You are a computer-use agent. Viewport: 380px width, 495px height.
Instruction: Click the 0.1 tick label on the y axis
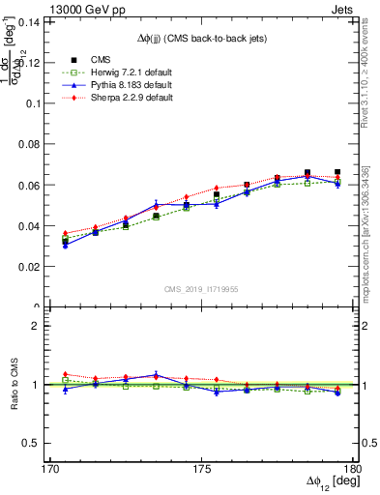pos(36,102)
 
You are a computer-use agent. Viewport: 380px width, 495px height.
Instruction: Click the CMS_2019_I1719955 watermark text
pos(200,288)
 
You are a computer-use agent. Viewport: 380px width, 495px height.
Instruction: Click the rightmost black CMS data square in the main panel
pos(337,172)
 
